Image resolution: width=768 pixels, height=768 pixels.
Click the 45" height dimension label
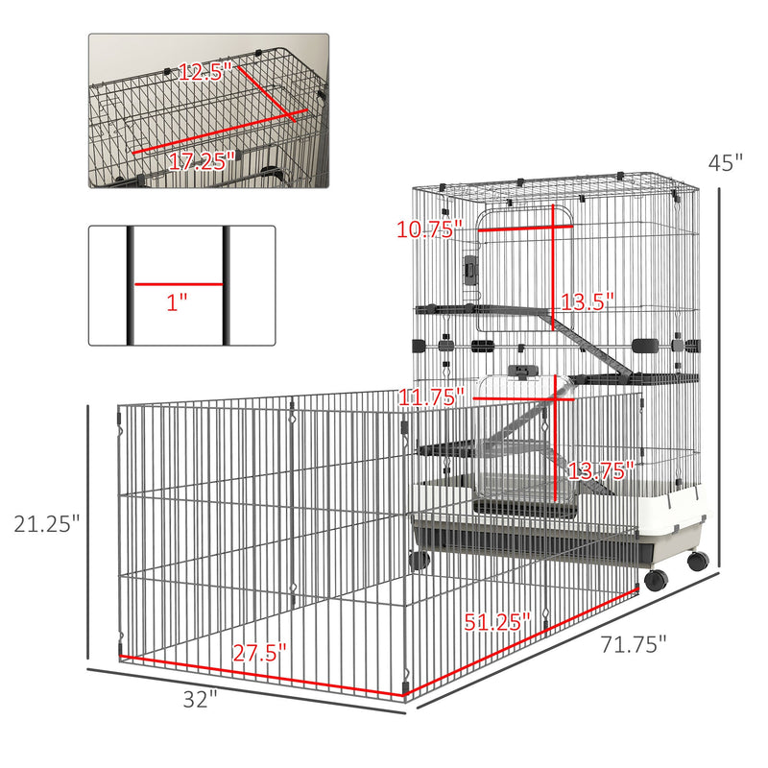(x=726, y=164)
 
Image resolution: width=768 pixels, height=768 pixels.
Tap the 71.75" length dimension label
(x=635, y=645)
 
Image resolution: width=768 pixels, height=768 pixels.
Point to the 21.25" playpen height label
(x=44, y=524)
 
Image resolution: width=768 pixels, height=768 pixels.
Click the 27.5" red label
(x=260, y=653)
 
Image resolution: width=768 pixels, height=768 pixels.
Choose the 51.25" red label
(x=498, y=621)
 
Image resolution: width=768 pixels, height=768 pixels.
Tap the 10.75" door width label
(x=429, y=228)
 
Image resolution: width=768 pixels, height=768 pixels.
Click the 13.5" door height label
(x=588, y=302)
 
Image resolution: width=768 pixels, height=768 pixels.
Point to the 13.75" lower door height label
(x=600, y=470)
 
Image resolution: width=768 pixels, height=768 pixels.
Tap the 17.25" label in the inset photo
(x=202, y=161)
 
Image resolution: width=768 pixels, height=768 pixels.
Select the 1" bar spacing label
(x=176, y=303)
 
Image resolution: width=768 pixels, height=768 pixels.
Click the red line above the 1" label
(x=179, y=284)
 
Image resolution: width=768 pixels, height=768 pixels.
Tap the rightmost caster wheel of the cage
(x=697, y=561)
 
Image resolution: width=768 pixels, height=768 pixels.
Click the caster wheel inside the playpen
(x=418, y=560)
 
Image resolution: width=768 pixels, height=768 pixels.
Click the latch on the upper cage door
(x=470, y=270)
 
